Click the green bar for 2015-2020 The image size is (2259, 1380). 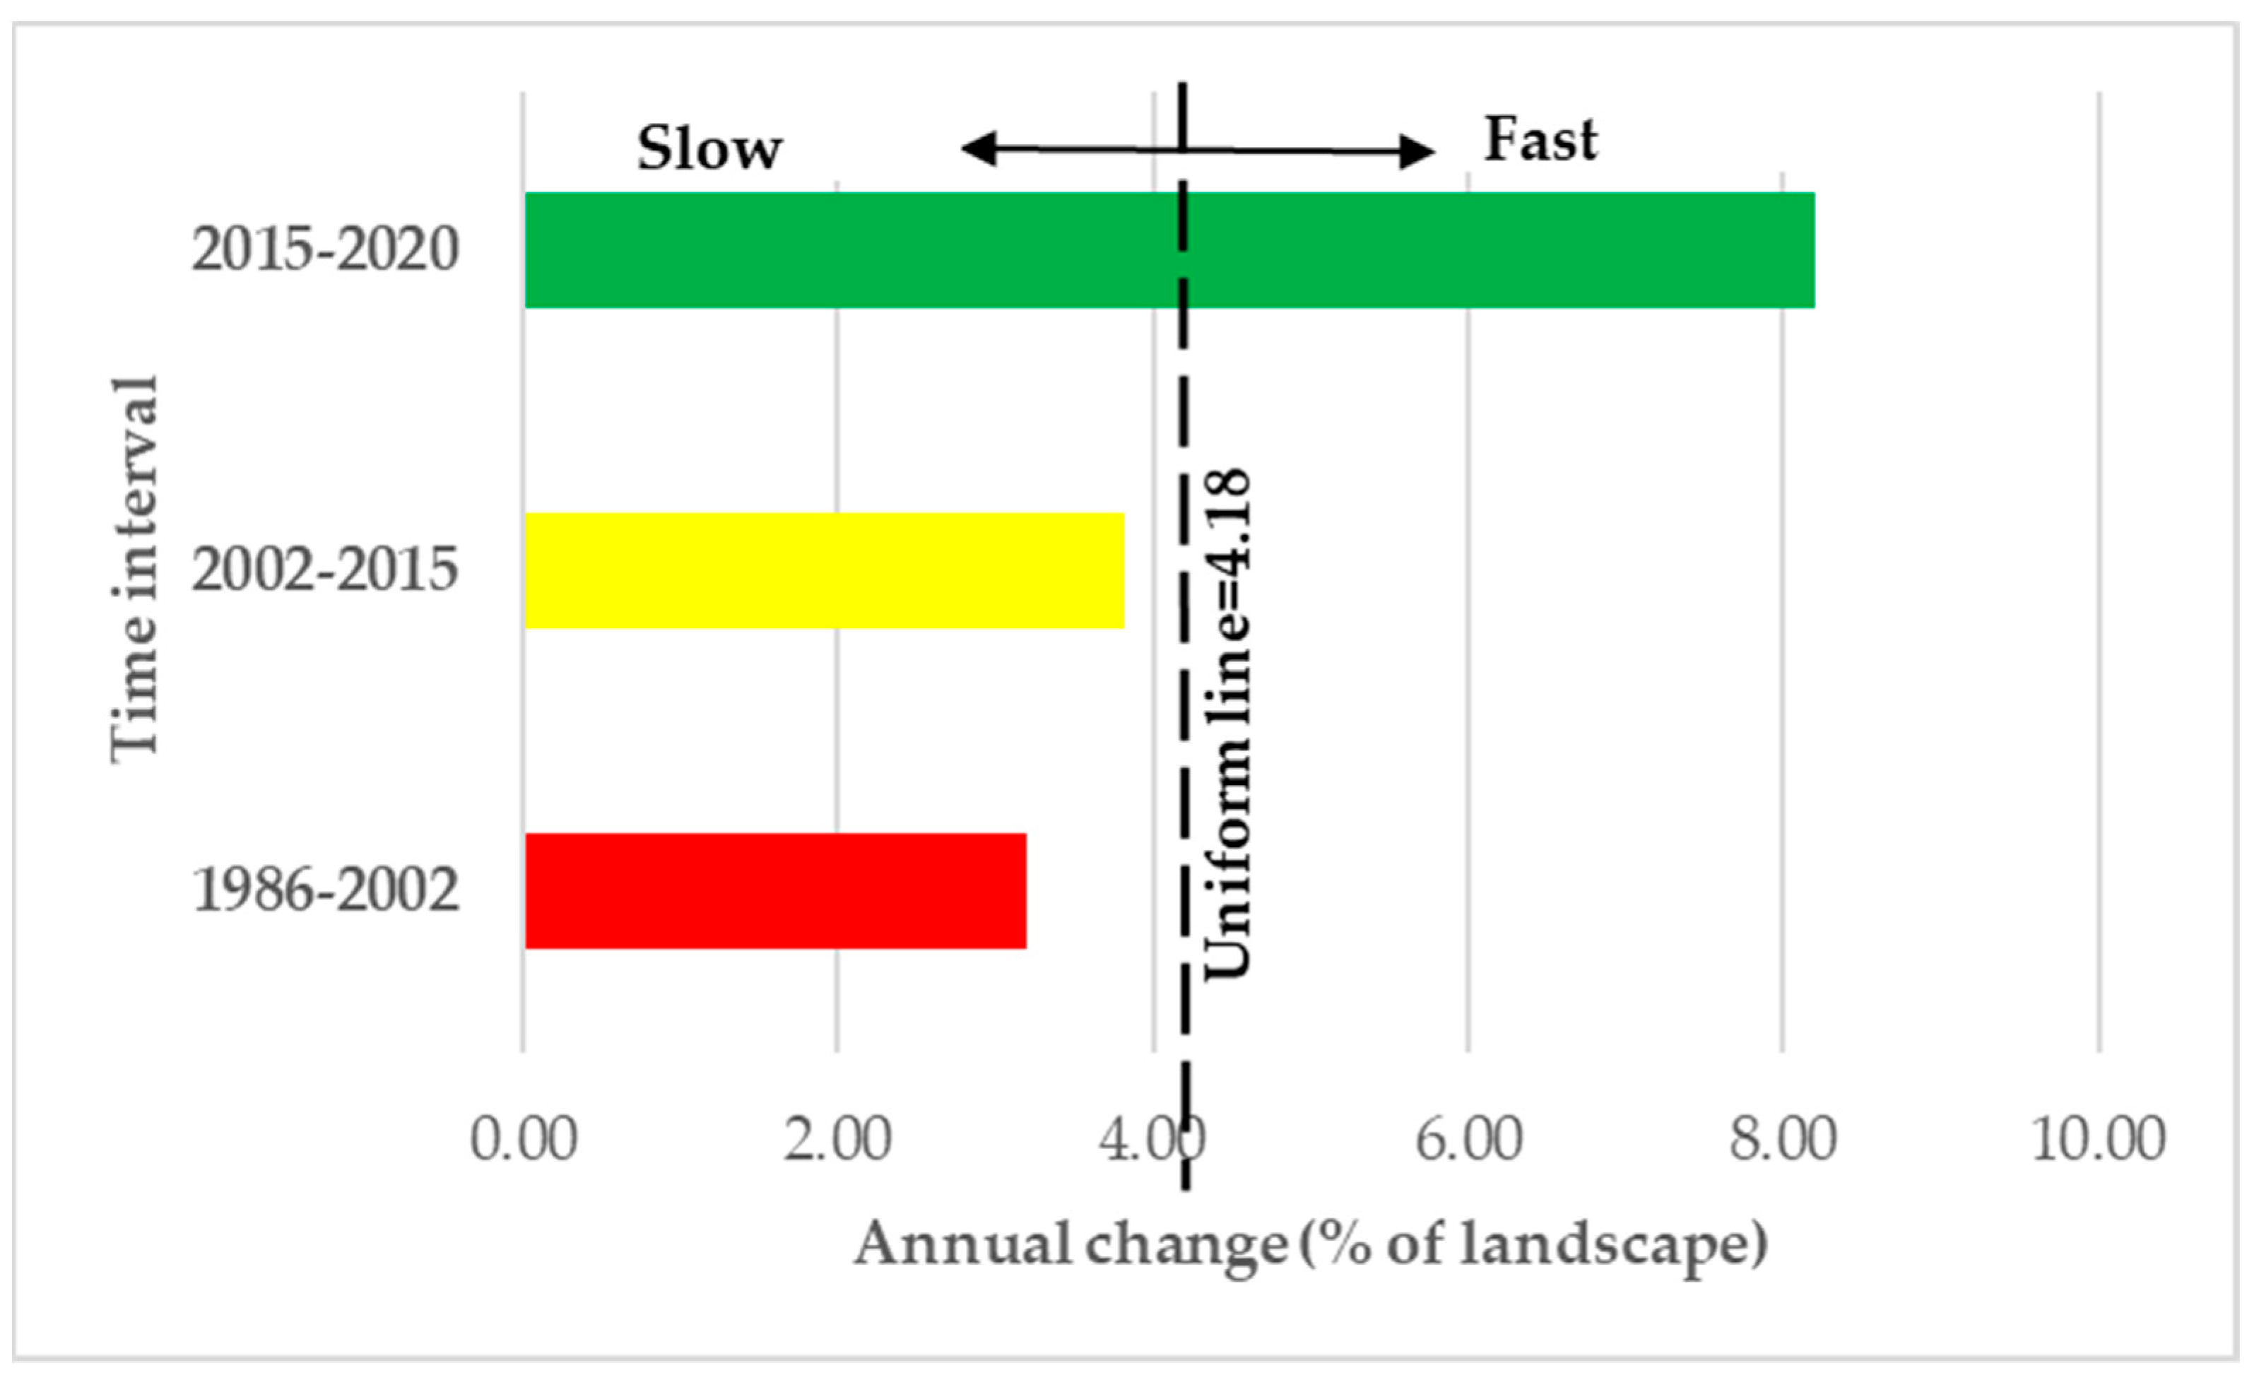(1169, 249)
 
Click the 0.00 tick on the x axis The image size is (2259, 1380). (524, 1140)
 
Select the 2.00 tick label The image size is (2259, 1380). (837, 1140)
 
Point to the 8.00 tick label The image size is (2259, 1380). (1783, 1140)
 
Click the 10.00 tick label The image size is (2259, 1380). (2099, 1140)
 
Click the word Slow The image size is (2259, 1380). (709, 148)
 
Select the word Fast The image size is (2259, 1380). (1541, 141)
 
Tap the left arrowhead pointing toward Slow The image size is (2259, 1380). (977, 148)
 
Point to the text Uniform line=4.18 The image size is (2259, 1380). (1227, 724)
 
